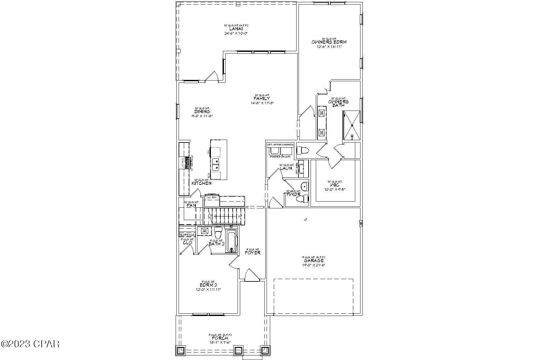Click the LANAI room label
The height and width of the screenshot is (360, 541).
[236, 29]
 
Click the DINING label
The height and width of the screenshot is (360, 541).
[202, 112]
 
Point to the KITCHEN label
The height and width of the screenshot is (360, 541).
[201, 184]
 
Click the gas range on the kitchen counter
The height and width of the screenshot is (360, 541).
[187, 162]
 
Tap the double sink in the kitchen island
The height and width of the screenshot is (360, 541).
[215, 164]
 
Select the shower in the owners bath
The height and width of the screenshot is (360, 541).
[351, 126]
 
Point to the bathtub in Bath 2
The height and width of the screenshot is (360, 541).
[231, 241]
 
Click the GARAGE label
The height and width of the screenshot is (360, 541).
[314, 261]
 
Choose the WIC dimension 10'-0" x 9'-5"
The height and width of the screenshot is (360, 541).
[335, 189]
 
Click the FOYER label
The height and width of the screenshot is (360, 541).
[253, 253]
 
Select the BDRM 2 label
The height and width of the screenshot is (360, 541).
[208, 285]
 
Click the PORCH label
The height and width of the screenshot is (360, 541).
[220, 338]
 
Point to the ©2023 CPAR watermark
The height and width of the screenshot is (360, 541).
[30, 344]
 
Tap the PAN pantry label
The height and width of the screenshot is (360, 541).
[191, 206]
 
